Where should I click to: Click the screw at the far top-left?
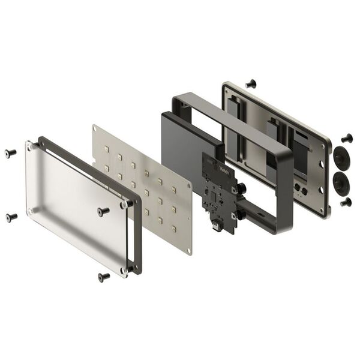pos(10,152)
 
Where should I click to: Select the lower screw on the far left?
pos(11,217)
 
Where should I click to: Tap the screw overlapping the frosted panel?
pos(104,211)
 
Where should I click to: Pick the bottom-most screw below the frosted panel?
pos(104,277)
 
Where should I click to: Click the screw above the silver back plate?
pos(251,83)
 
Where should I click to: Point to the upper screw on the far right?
pos(347,138)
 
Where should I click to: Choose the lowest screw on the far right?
pos(346,202)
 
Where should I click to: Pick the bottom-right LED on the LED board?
pos(173,229)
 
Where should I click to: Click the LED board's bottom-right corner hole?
pos(188,251)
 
